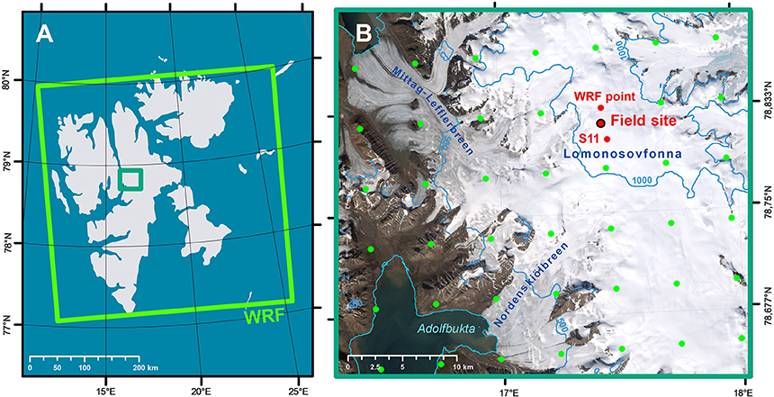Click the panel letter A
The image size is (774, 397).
click(x=48, y=34)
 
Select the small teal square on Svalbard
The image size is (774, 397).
click(x=131, y=179)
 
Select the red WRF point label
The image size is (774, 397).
click(x=605, y=96)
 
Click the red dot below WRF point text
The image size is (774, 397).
click(x=600, y=108)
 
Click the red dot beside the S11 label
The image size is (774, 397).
click(x=607, y=139)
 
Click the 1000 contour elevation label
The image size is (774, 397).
click(x=643, y=181)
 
